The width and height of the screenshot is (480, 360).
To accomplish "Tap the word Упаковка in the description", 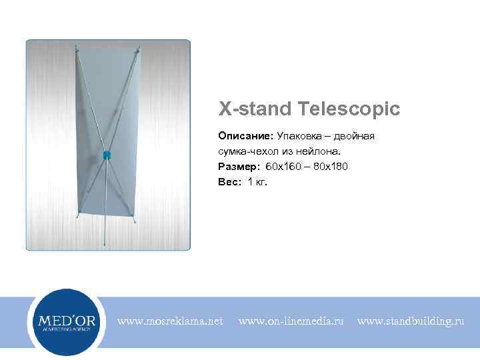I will pyautogui.click(x=293, y=136).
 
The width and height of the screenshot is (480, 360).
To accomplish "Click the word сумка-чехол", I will pyautogui.click(x=248, y=151).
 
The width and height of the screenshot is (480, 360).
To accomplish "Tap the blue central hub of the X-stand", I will pyautogui.click(x=105, y=155).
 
